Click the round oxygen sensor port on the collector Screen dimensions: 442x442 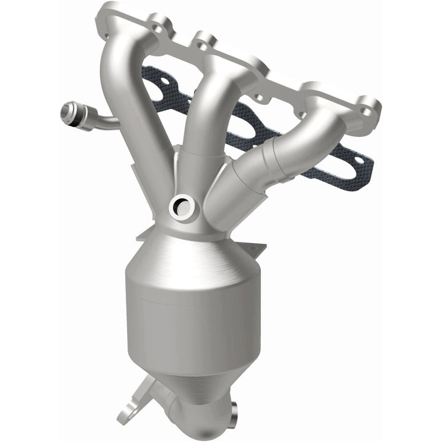pyautogui.click(x=182, y=207)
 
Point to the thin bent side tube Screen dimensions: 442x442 pyautogui.click(x=104, y=119)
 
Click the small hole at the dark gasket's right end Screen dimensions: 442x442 pyautogui.click(x=366, y=164)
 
